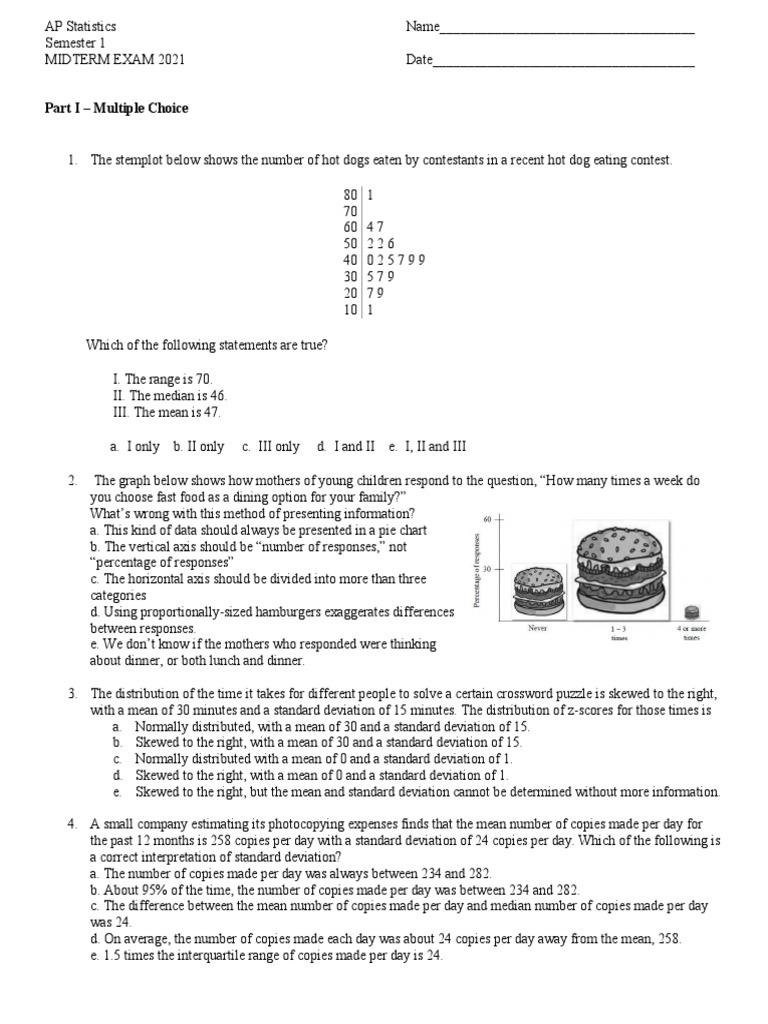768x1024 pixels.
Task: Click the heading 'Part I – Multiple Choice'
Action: point(116,109)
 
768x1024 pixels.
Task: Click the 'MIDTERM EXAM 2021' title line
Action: point(115,60)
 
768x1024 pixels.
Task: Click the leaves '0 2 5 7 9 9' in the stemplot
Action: point(396,261)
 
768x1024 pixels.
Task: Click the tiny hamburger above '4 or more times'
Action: point(691,612)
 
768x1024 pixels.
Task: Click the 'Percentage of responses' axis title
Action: point(479,568)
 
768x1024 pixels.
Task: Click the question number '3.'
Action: point(73,693)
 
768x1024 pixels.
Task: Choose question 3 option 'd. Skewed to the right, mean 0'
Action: point(310,775)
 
